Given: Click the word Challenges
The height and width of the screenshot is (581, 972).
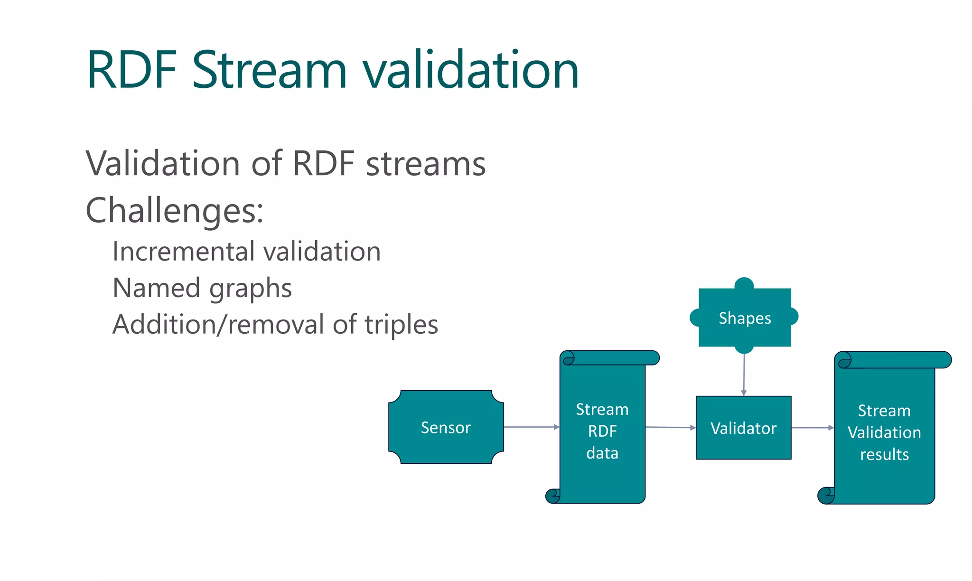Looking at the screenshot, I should point(174,210).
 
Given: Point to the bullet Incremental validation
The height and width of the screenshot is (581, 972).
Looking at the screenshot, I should point(246,252).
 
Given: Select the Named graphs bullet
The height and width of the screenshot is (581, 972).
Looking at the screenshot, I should point(202,288).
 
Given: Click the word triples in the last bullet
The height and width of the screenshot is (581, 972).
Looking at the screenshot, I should point(401,325).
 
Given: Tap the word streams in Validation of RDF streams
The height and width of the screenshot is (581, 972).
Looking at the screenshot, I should point(426,164).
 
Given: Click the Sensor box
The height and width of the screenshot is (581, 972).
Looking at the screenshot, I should point(446,427).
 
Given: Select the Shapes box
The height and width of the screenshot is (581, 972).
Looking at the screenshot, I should point(744,317).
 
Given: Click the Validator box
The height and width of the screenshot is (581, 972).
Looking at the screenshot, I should point(743,428).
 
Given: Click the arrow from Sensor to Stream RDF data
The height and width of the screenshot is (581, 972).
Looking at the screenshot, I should point(531,427).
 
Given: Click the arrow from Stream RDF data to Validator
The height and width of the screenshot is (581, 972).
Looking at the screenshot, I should point(670,427).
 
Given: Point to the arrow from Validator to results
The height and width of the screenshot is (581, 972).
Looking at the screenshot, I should point(812,428).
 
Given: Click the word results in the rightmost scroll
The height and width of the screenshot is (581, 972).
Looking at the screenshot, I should point(884,454).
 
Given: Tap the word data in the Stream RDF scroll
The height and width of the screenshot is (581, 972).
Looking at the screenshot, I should point(602,453).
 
